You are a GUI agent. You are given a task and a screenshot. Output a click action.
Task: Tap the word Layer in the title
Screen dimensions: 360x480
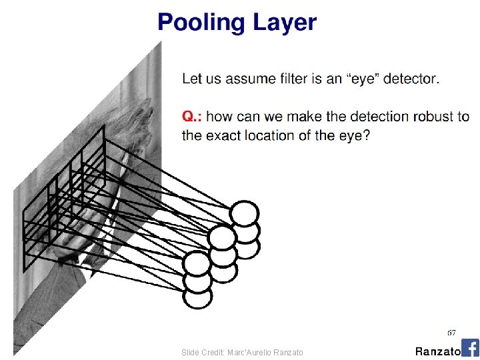[x=284, y=23]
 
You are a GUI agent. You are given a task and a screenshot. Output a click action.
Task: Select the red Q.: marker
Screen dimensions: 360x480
[x=192, y=117]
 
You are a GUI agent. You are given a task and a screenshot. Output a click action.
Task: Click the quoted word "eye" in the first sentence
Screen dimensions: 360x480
[x=367, y=79]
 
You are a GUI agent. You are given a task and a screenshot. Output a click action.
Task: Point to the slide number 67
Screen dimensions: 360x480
[x=451, y=332]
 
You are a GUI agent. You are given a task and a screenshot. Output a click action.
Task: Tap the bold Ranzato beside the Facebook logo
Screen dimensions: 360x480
[x=437, y=351]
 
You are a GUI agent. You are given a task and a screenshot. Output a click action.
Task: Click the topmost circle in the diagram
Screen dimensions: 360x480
[x=244, y=214]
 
